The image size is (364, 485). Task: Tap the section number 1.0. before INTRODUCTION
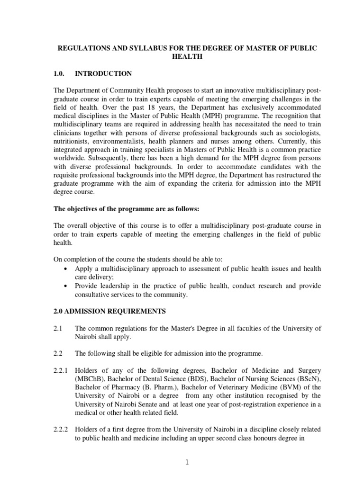click(62, 73)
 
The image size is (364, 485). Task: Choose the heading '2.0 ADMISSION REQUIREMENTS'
click(109, 311)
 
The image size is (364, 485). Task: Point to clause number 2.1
click(58, 328)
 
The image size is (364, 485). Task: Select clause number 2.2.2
click(61, 430)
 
